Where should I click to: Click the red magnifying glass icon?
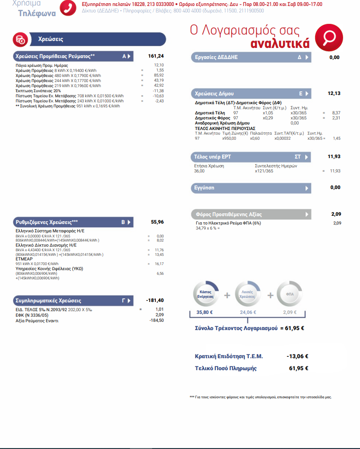pyautogui.click(x=329, y=37)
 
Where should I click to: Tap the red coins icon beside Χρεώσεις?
pyautogui.click(x=20, y=39)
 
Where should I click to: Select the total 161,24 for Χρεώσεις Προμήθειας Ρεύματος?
pyautogui.click(x=156, y=56)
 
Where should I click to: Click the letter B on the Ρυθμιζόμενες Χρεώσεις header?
pyautogui.click(x=123, y=222)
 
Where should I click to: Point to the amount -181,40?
pyautogui.click(x=154, y=300)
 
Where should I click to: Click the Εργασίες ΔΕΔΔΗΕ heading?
pyautogui.click(x=214, y=57)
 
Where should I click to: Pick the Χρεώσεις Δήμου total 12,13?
pyautogui.click(x=334, y=93)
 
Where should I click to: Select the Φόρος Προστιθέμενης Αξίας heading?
pyautogui.click(x=229, y=214)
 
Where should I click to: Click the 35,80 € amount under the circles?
pyautogui.click(x=206, y=313)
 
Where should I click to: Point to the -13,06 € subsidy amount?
pyautogui.click(x=297, y=356)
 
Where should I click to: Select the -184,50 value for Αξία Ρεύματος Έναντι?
pyautogui.click(x=156, y=320)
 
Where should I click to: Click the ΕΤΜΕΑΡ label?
pyautogui.click(x=24, y=259)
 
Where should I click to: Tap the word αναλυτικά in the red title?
pyautogui.click(x=280, y=44)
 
